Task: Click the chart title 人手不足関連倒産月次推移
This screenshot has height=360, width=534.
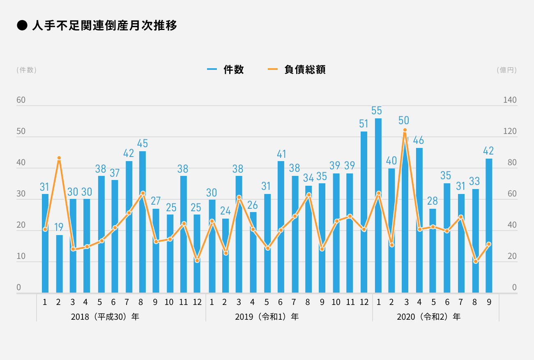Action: (x=104, y=26)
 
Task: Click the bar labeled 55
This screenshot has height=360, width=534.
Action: (x=378, y=205)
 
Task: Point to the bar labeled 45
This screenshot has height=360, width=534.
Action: (x=143, y=222)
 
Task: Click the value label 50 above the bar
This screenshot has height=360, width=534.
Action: (x=404, y=120)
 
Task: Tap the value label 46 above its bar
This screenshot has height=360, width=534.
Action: (x=419, y=140)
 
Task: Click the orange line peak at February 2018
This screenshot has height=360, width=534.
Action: (x=59, y=158)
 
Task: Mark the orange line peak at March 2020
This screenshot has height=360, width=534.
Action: (x=405, y=130)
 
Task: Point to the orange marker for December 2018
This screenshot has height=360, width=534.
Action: (x=197, y=261)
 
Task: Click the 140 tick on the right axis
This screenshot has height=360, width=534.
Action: (x=510, y=101)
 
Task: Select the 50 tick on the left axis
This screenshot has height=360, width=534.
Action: (x=21, y=132)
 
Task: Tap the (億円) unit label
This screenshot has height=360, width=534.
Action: (x=506, y=70)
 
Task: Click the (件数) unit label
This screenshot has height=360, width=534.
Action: (x=27, y=70)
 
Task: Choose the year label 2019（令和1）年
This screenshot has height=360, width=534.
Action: (x=267, y=317)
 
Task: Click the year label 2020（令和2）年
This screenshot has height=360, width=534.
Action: (x=429, y=317)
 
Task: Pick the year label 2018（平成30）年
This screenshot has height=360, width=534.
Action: (x=105, y=317)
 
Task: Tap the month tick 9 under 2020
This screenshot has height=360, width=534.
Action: (x=489, y=302)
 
